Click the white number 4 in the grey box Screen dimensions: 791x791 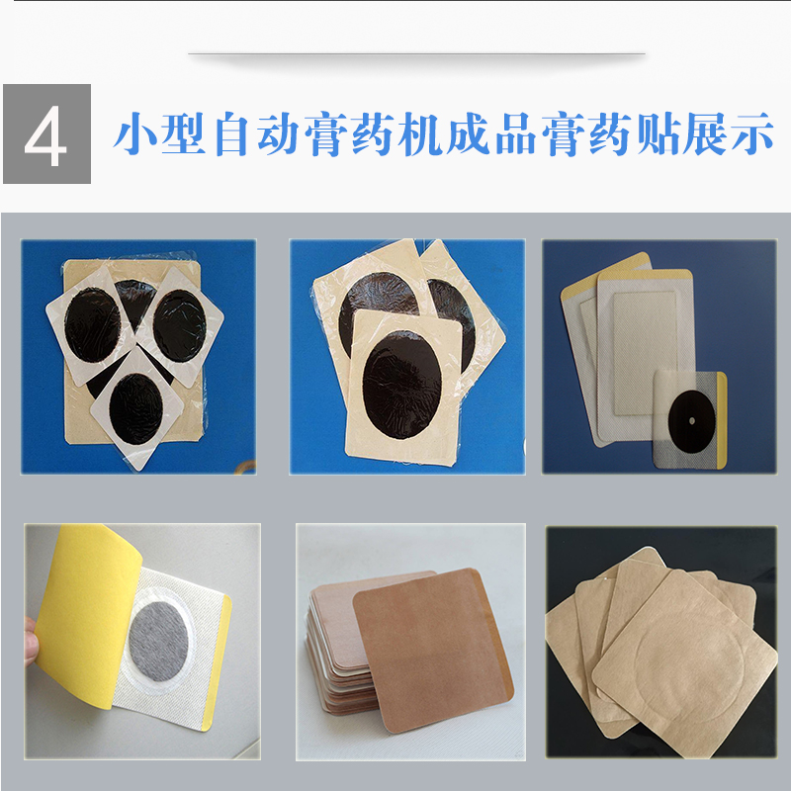point(45,135)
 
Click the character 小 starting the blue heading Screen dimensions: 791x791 point(135,133)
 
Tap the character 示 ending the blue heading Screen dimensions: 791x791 point(752,133)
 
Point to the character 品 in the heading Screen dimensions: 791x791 point(516,133)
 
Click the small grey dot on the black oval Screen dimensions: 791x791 point(691,421)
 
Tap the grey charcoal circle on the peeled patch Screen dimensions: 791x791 point(158,641)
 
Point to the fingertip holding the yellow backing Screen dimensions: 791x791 point(32,642)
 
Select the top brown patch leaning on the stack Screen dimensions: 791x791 point(433,650)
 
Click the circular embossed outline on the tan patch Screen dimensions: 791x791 point(690,664)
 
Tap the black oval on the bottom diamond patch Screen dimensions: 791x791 point(136,408)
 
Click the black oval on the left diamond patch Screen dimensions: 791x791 point(93,325)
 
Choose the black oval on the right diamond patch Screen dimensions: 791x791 point(180,325)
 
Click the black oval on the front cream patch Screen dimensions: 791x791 point(402,385)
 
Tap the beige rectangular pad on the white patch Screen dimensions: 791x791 point(646,353)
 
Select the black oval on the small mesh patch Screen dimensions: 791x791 point(691,421)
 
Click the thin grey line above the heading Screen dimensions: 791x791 point(416,53)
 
